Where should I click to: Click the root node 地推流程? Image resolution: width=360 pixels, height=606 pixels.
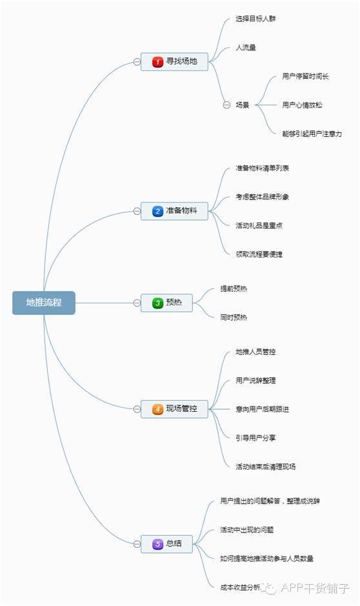click(44, 303)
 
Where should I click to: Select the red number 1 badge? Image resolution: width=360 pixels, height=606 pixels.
click(157, 62)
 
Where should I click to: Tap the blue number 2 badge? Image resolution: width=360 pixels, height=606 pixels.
click(157, 212)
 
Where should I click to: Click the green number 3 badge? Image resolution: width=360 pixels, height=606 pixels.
click(157, 303)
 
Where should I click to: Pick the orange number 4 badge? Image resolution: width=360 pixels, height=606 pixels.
click(157, 409)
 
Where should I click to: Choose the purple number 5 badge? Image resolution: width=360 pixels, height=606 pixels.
click(157, 544)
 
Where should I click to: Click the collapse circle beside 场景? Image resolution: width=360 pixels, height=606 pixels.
click(226, 105)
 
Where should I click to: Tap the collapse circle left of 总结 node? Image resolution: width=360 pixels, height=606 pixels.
click(137, 544)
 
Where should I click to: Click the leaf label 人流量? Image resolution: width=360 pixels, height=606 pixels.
click(246, 48)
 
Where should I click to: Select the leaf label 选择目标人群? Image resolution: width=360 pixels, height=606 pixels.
click(255, 19)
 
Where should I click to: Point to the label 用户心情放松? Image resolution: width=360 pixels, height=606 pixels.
click(302, 105)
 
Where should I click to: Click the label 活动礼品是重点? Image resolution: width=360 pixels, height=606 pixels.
click(259, 225)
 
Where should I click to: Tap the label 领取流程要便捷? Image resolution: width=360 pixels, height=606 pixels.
click(259, 254)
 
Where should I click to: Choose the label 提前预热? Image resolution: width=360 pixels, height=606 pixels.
click(234, 288)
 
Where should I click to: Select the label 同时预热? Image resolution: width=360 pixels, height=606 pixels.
click(234, 318)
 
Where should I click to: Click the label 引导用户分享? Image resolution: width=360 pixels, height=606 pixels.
click(255, 438)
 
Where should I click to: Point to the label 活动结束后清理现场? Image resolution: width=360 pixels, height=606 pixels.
click(265, 467)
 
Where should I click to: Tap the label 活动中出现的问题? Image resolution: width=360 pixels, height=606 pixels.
click(247, 530)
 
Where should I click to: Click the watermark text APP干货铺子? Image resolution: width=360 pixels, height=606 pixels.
click(315, 588)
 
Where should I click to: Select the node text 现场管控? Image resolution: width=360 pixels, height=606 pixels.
click(181, 409)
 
